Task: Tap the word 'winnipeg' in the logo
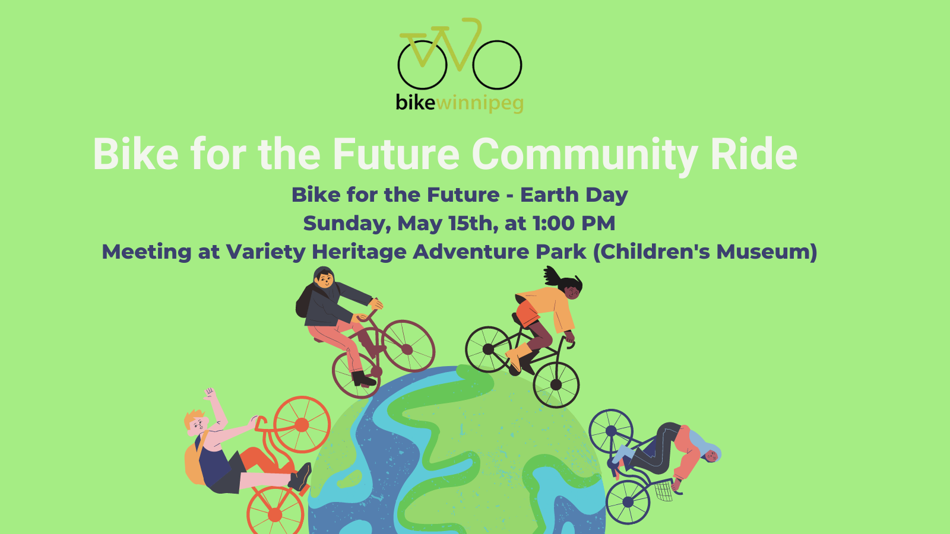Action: [x=480, y=104]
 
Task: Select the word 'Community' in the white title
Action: [x=584, y=155]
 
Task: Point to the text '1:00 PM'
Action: [x=574, y=223]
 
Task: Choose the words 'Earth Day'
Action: [x=574, y=196]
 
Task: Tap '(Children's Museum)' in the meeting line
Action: [x=705, y=252]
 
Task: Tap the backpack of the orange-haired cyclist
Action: [x=195, y=462]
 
